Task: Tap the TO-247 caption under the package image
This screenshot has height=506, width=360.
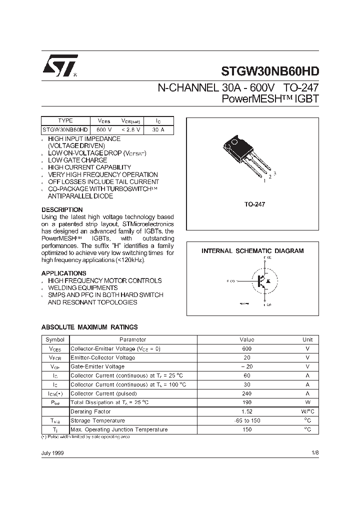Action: click(254, 205)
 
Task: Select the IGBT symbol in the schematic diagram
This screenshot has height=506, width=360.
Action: click(261, 281)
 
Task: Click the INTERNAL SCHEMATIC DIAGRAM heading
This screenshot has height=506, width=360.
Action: click(252, 251)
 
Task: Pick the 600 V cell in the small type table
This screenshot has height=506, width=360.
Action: click(102, 129)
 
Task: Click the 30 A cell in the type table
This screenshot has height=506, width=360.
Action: click(158, 129)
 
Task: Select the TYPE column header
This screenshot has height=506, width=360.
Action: click(65, 120)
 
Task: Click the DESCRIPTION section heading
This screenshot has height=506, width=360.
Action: click(62, 209)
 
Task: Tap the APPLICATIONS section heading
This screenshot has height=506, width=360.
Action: click(63, 273)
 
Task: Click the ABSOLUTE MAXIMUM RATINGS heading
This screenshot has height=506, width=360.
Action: click(89, 327)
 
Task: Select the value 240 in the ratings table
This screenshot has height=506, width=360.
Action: click(246, 393)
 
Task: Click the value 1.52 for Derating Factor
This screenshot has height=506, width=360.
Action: click(246, 411)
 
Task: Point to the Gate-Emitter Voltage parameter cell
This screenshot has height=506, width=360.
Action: click(97, 366)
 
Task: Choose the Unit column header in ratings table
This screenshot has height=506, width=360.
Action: click(307, 339)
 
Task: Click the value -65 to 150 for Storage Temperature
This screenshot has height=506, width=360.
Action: click(246, 420)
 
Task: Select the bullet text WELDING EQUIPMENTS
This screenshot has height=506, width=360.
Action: click(83, 288)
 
